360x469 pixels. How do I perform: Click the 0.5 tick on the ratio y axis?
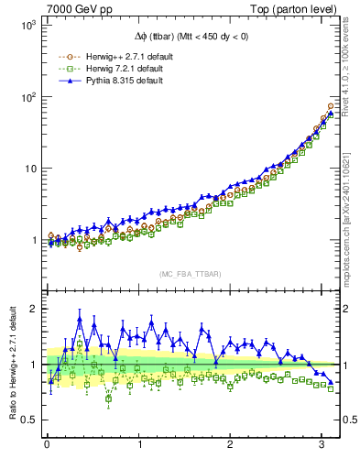(x=28, y=420)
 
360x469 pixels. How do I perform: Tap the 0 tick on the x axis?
(x=47, y=445)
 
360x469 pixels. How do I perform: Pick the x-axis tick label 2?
(x=230, y=445)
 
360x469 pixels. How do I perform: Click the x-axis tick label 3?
(x=322, y=445)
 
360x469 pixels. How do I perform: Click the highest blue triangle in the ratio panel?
(x=80, y=320)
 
